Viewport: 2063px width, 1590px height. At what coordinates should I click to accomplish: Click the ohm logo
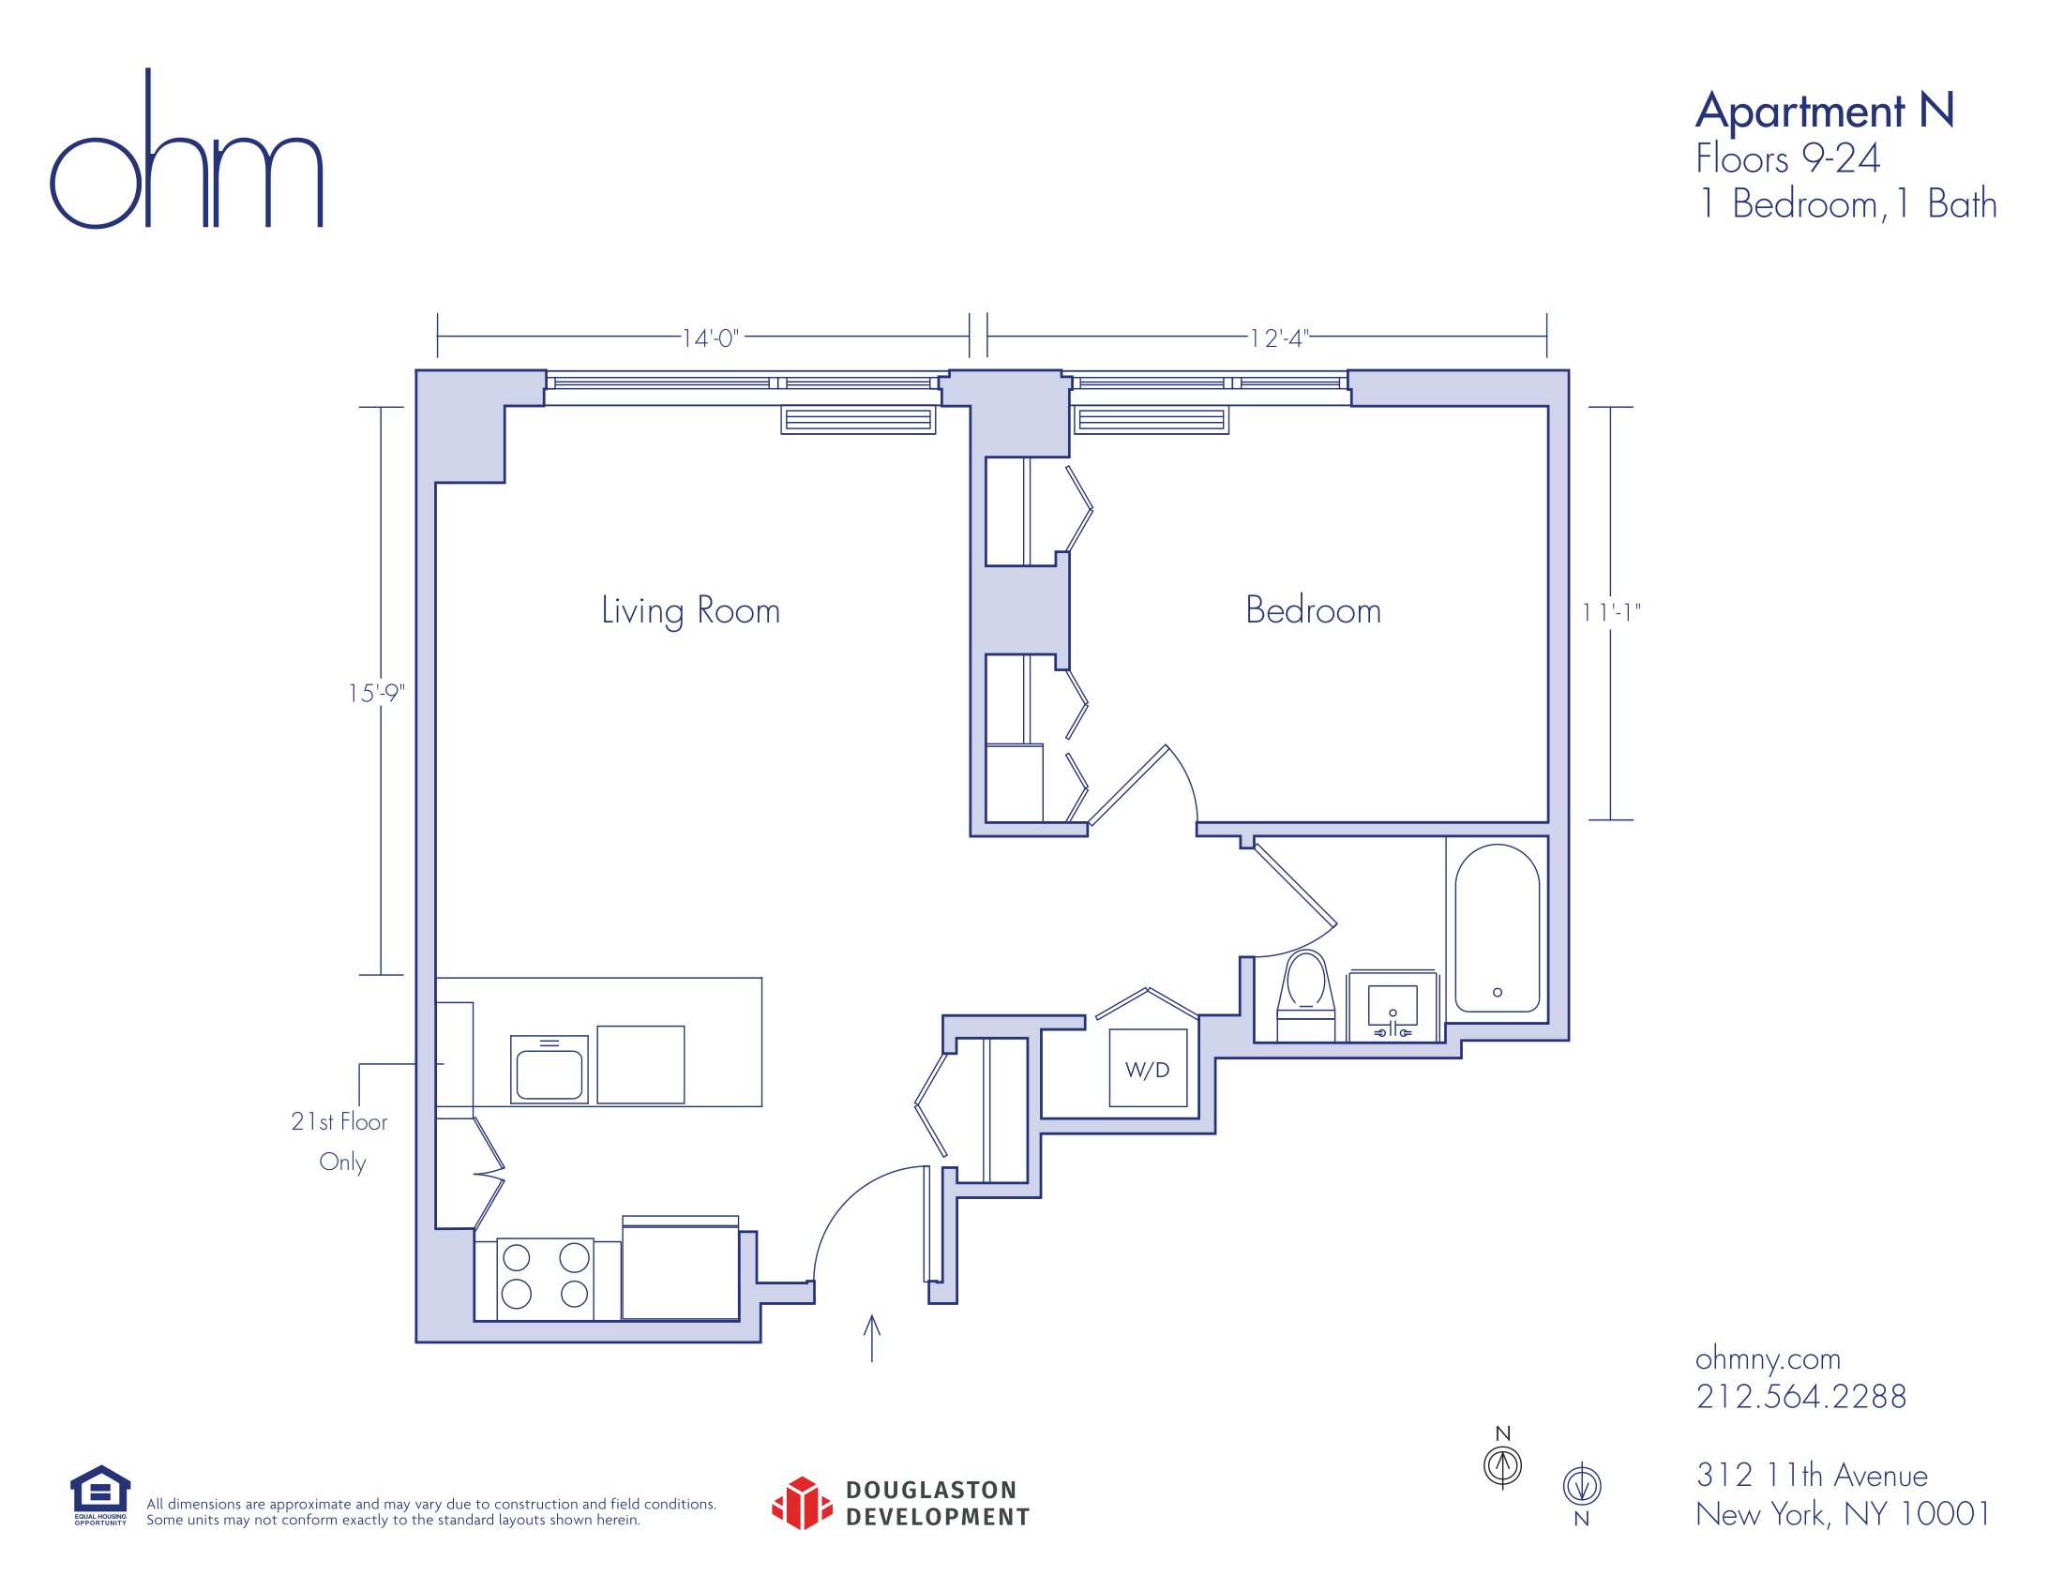tap(186, 148)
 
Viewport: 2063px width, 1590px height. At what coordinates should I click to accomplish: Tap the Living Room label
tap(690, 611)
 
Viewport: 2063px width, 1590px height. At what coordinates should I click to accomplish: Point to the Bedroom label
tap(1313, 610)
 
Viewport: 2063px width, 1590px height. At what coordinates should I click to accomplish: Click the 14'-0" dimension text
tap(711, 338)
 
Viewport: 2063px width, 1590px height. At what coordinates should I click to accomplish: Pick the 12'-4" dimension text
tap(1279, 338)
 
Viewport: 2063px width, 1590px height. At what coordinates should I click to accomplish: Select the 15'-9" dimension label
tap(376, 693)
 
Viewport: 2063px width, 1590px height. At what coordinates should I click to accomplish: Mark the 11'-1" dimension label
tap(1611, 613)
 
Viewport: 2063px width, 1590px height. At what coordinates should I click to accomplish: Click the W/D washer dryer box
tap(1148, 1069)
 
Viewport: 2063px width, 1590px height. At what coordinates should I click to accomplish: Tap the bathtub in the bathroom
tap(1498, 928)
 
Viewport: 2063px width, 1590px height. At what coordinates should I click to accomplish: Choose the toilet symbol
tap(1305, 997)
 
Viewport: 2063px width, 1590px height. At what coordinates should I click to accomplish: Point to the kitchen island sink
tap(549, 1070)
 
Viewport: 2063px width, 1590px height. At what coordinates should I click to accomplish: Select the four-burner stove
tap(545, 1279)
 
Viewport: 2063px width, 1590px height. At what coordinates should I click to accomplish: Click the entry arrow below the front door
tap(872, 1338)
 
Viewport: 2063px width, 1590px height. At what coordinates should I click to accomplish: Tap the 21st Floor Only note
tap(340, 1142)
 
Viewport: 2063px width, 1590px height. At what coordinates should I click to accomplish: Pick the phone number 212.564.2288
tap(1800, 1397)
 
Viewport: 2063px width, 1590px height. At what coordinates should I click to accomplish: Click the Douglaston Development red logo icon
tap(802, 1503)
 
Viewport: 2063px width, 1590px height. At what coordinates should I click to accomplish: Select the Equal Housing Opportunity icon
tap(100, 1494)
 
